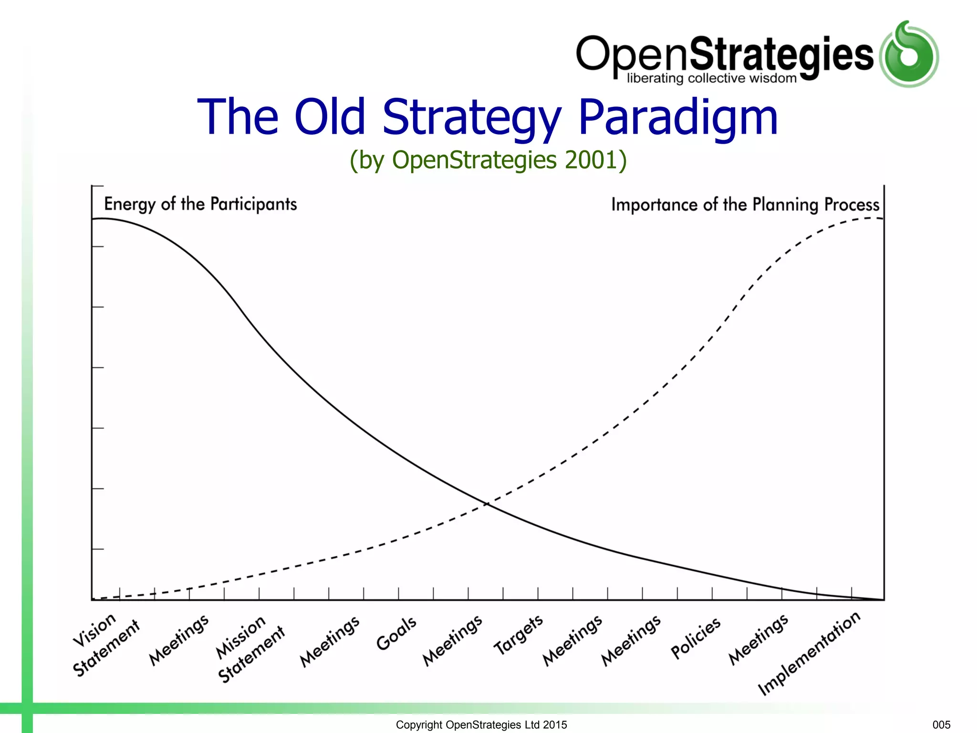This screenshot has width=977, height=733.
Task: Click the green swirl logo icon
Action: point(909,54)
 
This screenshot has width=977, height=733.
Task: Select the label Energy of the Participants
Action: point(200,204)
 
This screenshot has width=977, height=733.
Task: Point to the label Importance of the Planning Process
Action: point(745,205)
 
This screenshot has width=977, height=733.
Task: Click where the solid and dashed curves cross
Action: point(487,503)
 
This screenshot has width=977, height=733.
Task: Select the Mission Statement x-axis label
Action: point(250,649)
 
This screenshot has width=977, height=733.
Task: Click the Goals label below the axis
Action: point(396,633)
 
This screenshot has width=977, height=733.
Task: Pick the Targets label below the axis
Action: point(518,635)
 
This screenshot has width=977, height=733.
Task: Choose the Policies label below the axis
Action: point(696,638)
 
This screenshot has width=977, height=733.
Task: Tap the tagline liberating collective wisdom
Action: point(711,79)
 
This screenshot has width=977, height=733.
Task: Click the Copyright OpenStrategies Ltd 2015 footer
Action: point(481,724)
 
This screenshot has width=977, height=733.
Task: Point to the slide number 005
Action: point(941,724)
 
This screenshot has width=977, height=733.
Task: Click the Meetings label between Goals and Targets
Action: point(453,640)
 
